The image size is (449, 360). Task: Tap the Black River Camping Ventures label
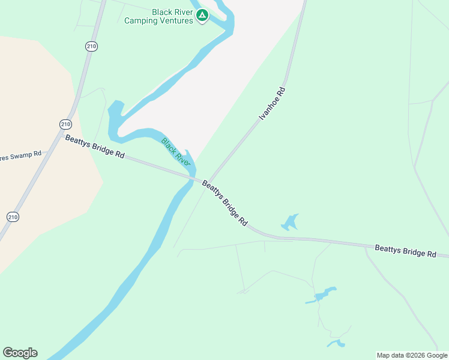[159, 16]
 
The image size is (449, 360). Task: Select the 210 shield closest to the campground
[91, 46]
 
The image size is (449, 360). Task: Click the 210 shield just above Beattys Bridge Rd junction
[65, 124]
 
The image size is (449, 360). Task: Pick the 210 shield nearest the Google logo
[13, 216]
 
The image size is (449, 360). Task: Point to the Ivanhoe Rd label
[271, 104]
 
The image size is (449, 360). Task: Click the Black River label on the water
[175, 152]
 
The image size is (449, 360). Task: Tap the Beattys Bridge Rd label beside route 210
[94, 146]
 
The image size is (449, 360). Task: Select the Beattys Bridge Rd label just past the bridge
[224, 203]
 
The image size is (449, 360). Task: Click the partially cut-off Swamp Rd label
[20, 157]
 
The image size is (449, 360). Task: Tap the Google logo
[20, 353]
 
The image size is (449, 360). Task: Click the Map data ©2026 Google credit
[412, 355]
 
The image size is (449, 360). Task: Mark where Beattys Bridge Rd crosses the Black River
[192, 178]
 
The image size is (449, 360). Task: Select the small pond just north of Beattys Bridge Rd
[290, 223]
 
